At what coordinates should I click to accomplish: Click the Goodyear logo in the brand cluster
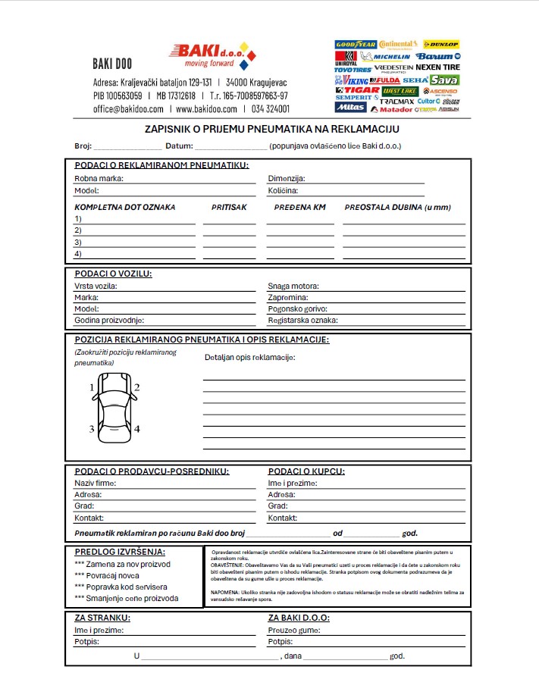point(356,45)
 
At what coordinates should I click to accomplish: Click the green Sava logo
point(445,80)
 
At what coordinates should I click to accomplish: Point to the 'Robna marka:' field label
point(99,179)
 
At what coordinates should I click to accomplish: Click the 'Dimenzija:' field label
point(287,179)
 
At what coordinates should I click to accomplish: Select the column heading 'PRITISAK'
point(229,207)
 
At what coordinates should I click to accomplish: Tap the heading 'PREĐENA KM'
point(299,207)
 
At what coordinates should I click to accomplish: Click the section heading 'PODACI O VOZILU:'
point(113,274)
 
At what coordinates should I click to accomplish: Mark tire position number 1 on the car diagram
point(92,388)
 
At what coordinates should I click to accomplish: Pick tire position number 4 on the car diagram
point(137,429)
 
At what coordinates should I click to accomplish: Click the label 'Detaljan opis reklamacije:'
point(250,357)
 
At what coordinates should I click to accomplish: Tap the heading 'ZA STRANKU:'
point(102,618)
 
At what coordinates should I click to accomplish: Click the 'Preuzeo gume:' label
point(293,630)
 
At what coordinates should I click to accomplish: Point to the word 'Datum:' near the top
point(179,146)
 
